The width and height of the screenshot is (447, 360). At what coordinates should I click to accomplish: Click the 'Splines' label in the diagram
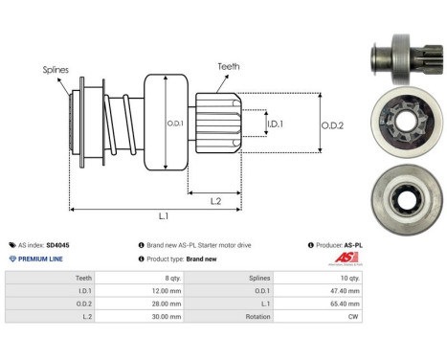tap(56, 70)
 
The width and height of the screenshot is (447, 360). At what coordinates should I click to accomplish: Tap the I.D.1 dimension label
tap(274, 123)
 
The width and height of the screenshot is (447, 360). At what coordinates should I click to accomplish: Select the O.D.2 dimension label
tap(330, 123)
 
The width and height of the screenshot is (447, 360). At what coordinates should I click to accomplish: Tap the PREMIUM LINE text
tap(41, 259)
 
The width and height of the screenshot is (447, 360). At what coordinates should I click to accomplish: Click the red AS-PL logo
tap(422, 259)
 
